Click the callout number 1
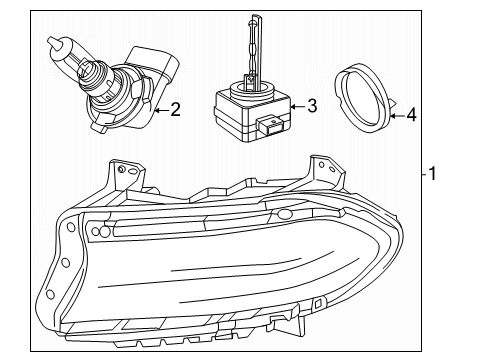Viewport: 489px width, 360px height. [433, 174]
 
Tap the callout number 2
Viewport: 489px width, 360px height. [175, 108]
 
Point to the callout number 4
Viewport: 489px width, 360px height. [410, 115]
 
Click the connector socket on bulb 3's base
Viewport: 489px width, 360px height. [268, 127]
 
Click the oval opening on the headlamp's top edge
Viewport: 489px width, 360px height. [284, 214]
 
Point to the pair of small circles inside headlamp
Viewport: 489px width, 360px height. [100, 231]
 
